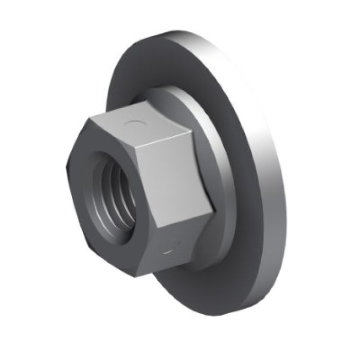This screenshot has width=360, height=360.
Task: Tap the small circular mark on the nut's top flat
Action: point(133,123)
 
